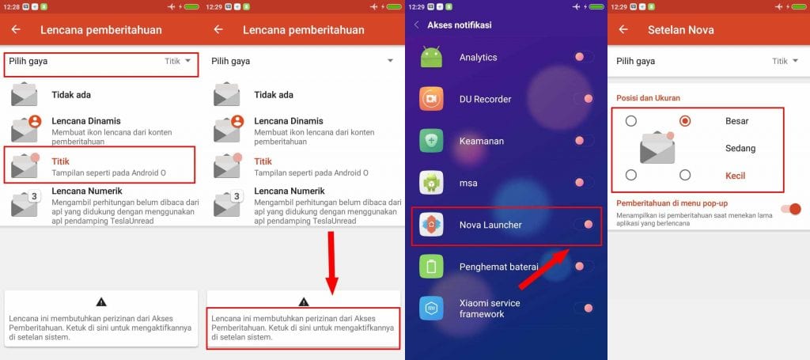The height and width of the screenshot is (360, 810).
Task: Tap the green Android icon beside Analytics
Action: pyautogui.click(x=431, y=57)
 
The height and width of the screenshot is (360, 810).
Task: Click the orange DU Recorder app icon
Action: pyautogui.click(x=431, y=99)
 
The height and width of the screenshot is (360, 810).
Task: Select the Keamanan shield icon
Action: pyautogui.click(x=431, y=141)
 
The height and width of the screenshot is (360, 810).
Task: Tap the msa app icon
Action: pyautogui.click(x=431, y=182)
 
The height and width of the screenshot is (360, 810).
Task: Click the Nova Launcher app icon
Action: pyautogui.click(x=431, y=225)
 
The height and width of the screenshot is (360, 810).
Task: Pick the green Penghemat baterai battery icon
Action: pyautogui.click(x=431, y=267)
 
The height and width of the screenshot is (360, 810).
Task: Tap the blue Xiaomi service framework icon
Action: pyautogui.click(x=431, y=309)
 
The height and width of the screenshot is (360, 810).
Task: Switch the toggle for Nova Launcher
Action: pyautogui.click(x=584, y=224)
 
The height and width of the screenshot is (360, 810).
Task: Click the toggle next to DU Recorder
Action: pyautogui.click(x=584, y=99)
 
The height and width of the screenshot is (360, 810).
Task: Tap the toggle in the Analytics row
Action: pyautogui.click(x=584, y=57)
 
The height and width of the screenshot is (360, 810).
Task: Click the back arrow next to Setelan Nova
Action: pyautogui.click(x=623, y=29)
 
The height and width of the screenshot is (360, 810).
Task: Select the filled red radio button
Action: pyautogui.click(x=685, y=121)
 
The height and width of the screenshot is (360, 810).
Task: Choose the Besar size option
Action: pyautogui.click(x=737, y=121)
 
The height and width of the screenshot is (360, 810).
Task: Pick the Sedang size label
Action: pyautogui.click(x=740, y=148)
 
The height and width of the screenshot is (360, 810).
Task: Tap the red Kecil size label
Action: pyautogui.click(x=736, y=176)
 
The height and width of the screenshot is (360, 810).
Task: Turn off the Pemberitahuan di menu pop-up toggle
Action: pyautogui.click(x=790, y=209)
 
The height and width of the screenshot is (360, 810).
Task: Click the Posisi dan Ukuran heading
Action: pyautogui.click(x=649, y=97)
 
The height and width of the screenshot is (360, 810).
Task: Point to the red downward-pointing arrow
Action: pyautogui.click(x=331, y=263)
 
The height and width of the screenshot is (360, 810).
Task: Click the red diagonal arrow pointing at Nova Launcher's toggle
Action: pyautogui.click(x=544, y=268)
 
